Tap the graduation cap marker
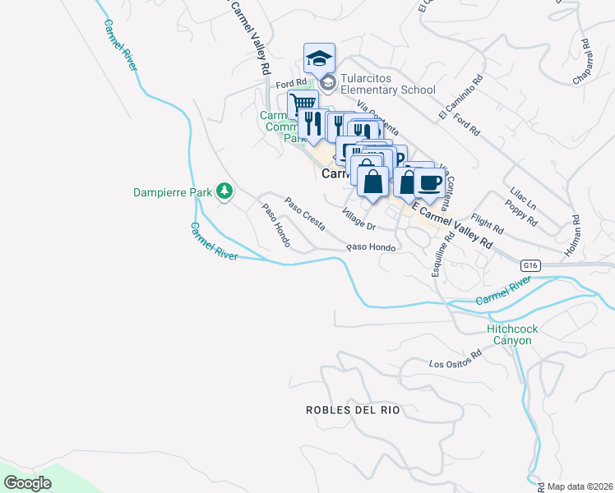[319, 58]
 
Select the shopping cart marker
[303, 105]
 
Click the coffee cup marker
[428, 182]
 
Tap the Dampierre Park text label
[172, 192]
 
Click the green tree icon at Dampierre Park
[224, 191]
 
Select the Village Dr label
[358, 219]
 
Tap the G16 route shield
[531, 265]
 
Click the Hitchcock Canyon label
[512, 334]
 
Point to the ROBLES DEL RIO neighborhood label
[352, 409]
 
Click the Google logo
[28, 483]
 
